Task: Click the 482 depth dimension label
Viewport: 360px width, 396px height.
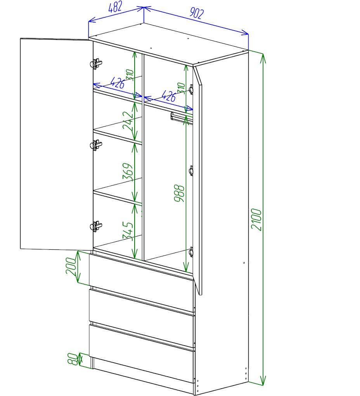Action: click(x=115, y=7)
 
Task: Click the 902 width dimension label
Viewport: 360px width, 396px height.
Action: click(x=197, y=13)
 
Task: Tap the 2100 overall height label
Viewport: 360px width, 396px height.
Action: click(x=256, y=220)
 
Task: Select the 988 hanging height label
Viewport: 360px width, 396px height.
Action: click(x=179, y=193)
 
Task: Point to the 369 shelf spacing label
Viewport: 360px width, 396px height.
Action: click(x=128, y=171)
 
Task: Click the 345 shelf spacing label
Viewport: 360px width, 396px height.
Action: click(x=128, y=230)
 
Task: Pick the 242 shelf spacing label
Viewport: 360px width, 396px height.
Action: click(x=128, y=121)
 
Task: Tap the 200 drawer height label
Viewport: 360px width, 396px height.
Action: click(x=71, y=266)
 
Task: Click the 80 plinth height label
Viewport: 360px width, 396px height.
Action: click(x=73, y=359)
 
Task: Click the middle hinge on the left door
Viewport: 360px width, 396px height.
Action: click(x=96, y=145)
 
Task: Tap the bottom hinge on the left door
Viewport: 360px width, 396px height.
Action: click(x=96, y=226)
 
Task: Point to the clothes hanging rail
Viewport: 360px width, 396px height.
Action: click(x=182, y=118)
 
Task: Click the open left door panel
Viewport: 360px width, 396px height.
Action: click(x=57, y=144)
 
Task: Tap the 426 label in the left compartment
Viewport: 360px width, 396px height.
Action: click(x=118, y=83)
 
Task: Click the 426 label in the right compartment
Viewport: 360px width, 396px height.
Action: click(x=168, y=96)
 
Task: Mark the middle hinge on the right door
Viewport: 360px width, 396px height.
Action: click(x=191, y=171)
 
